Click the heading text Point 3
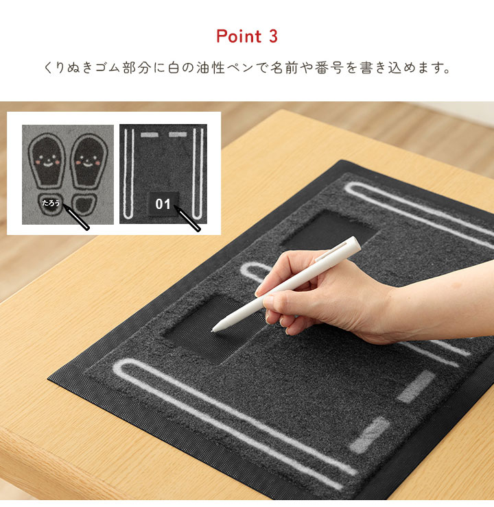247,36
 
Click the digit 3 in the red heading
273,36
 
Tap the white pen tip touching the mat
213,330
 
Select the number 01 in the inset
163,204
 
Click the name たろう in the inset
51,203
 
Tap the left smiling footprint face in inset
47,161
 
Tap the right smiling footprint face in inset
88,161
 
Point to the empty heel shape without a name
84,204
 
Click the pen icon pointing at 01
187,219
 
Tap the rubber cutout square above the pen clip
329,230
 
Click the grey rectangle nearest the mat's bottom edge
369,435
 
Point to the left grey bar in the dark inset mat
149,134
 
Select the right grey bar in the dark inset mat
178,134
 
